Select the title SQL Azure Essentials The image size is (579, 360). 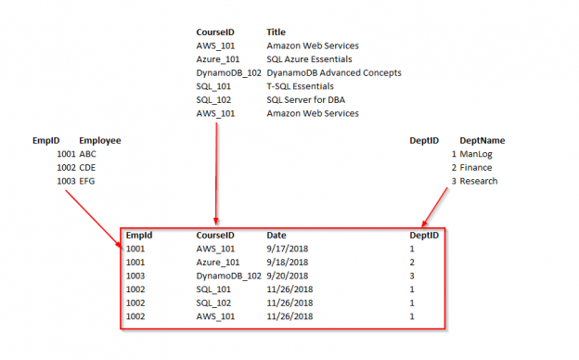tap(307, 58)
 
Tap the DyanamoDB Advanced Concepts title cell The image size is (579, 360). tap(333, 72)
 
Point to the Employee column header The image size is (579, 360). tap(100, 140)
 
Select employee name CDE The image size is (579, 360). tap(88, 168)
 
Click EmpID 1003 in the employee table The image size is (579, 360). tap(66, 181)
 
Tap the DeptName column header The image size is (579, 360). tap(482, 140)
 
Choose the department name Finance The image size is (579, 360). tap(476, 168)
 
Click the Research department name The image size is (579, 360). tap(478, 181)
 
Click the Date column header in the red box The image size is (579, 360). tap(277, 236)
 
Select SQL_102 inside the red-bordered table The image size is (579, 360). tap(215, 302)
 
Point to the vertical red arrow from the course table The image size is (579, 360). tap(216, 172)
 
